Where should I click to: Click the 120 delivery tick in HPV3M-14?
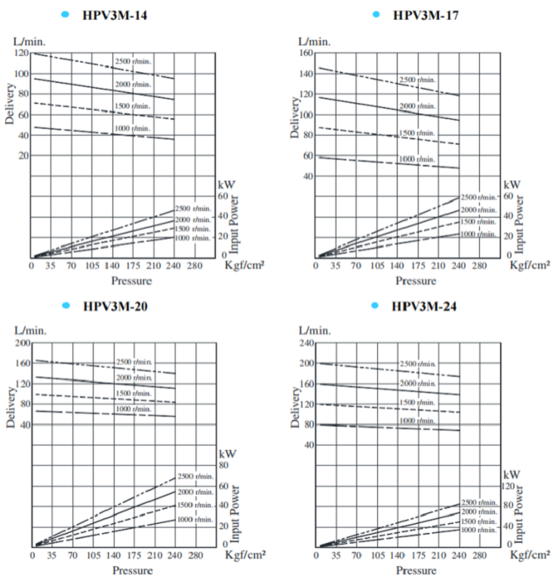tap(21, 54)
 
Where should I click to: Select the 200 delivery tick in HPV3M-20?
tap(21, 343)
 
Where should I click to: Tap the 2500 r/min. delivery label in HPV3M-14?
tap(133, 61)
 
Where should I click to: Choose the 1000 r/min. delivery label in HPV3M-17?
tap(417, 159)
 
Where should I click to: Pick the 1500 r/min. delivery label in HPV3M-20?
tap(134, 394)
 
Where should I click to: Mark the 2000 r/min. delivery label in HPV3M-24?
tap(417, 384)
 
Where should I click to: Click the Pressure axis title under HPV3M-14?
tap(131, 281)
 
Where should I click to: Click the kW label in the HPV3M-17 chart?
tap(512, 184)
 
